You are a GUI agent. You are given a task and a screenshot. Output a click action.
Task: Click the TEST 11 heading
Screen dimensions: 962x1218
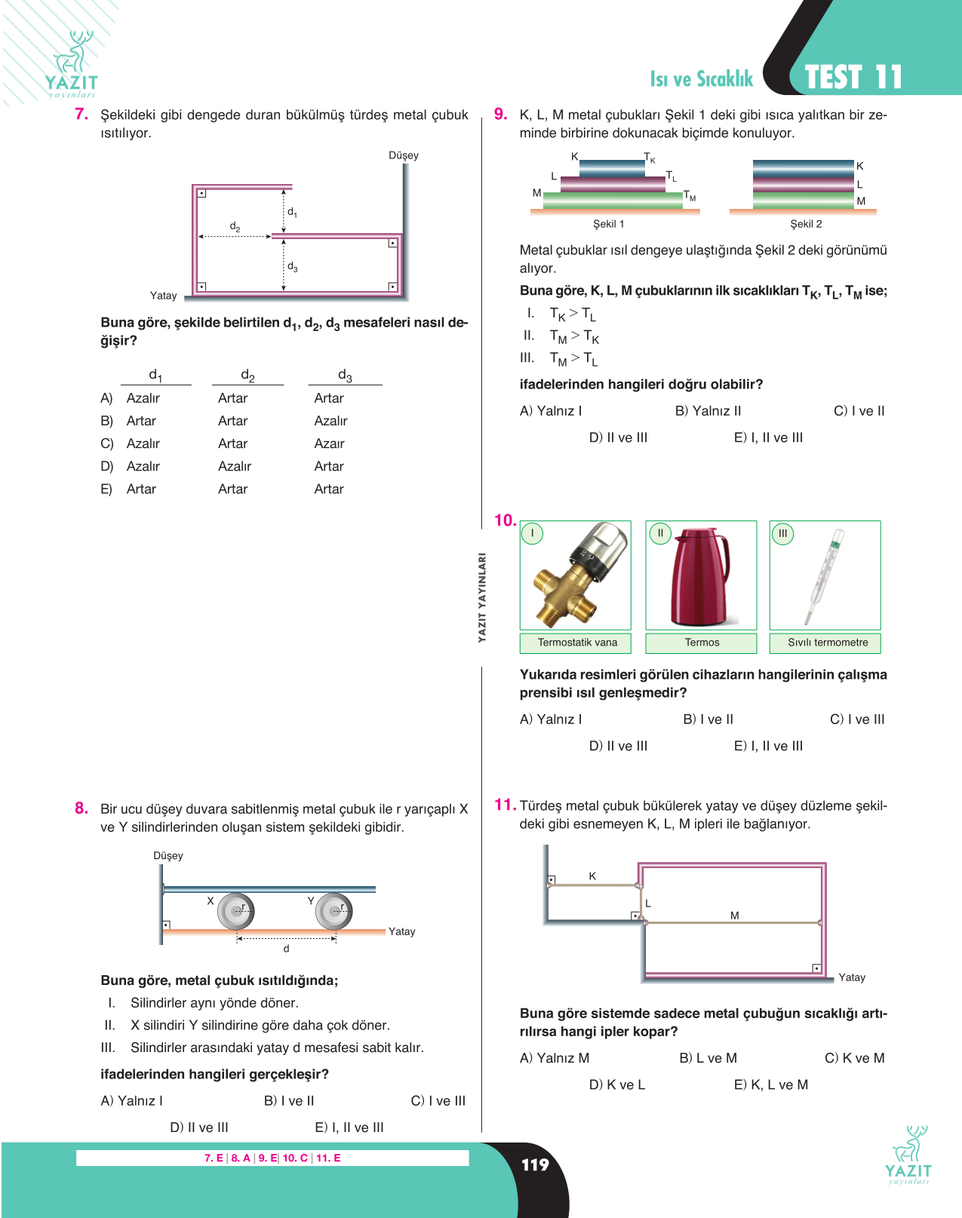(853, 77)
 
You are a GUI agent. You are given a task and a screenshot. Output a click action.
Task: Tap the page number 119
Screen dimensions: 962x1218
(535, 1164)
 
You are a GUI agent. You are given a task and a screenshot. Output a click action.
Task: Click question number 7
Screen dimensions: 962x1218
(81, 114)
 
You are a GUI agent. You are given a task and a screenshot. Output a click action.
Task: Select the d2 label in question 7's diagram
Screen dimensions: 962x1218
(235, 226)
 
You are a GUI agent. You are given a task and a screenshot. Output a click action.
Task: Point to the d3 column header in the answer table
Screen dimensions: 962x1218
(345, 376)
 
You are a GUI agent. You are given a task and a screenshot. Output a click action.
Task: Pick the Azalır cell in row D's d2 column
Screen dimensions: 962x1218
(235, 466)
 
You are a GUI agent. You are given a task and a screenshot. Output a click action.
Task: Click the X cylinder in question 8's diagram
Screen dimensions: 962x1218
(236, 911)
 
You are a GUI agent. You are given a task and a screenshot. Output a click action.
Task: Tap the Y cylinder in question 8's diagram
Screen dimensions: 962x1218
(334, 911)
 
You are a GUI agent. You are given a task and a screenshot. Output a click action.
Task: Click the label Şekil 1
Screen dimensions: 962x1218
(608, 224)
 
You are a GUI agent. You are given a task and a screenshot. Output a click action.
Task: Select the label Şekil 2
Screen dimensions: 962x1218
(806, 224)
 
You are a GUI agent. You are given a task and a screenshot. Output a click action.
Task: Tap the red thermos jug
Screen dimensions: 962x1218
(700, 577)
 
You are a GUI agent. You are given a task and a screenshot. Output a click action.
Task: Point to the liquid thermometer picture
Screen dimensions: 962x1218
(825, 576)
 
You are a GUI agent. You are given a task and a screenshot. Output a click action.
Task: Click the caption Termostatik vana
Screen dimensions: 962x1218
(577, 643)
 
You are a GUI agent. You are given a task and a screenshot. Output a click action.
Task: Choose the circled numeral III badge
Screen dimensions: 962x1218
(782, 533)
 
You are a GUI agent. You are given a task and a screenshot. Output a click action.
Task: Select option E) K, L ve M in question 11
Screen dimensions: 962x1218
(770, 1085)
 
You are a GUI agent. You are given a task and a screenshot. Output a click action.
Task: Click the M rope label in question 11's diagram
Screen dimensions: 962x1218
(734, 916)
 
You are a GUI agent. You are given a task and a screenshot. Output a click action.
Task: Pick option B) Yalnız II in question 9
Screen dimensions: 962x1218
(708, 411)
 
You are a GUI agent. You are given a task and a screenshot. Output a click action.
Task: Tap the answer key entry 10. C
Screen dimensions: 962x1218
(295, 1158)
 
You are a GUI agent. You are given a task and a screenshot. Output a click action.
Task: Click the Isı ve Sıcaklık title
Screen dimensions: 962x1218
(701, 79)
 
